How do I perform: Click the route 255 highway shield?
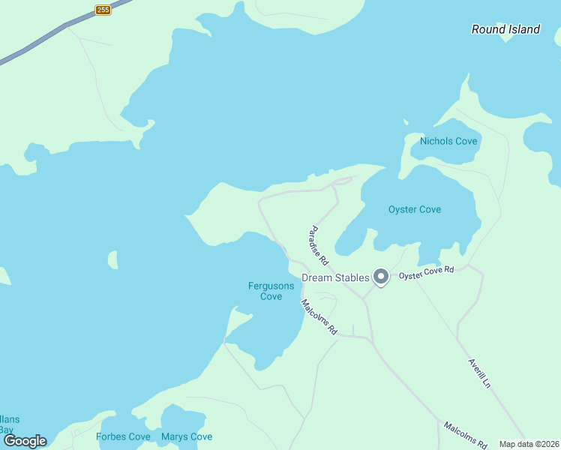[x=103, y=10]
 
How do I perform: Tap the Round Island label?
[x=505, y=29]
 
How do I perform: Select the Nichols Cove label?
[x=448, y=141]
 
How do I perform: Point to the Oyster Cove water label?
[x=415, y=209]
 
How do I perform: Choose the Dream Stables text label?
[x=335, y=277]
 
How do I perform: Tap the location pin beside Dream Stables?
[x=381, y=277]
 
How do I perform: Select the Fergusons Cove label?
[x=265, y=290]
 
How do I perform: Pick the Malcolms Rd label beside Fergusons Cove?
[x=319, y=317]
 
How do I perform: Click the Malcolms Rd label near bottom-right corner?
[x=465, y=435]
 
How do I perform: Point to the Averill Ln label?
[x=479, y=372]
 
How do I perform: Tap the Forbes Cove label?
[x=123, y=436]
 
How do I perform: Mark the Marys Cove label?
[x=187, y=436]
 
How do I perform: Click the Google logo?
[x=25, y=441]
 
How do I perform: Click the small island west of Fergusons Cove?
[x=112, y=260]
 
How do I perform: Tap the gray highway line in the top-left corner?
[x=37, y=41]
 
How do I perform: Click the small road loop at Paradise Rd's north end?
[x=343, y=181]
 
